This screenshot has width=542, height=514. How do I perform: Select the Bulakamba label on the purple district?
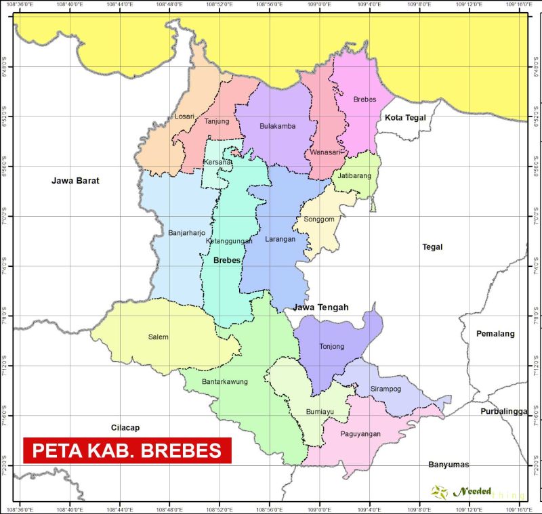point(278,126)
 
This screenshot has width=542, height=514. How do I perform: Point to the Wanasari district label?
point(324,152)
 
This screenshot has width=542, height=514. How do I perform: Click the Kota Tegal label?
point(405,118)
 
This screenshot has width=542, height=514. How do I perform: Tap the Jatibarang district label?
point(353,176)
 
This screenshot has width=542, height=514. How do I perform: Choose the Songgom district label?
point(318,220)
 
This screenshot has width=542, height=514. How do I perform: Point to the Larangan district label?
point(280,238)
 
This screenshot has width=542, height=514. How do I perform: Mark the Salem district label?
point(158,337)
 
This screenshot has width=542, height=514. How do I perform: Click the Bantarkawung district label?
point(224,381)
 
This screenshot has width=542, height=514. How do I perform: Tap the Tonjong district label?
point(332,347)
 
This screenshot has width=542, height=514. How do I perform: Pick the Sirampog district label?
point(386,389)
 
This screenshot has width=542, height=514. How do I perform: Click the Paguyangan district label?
point(360,433)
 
